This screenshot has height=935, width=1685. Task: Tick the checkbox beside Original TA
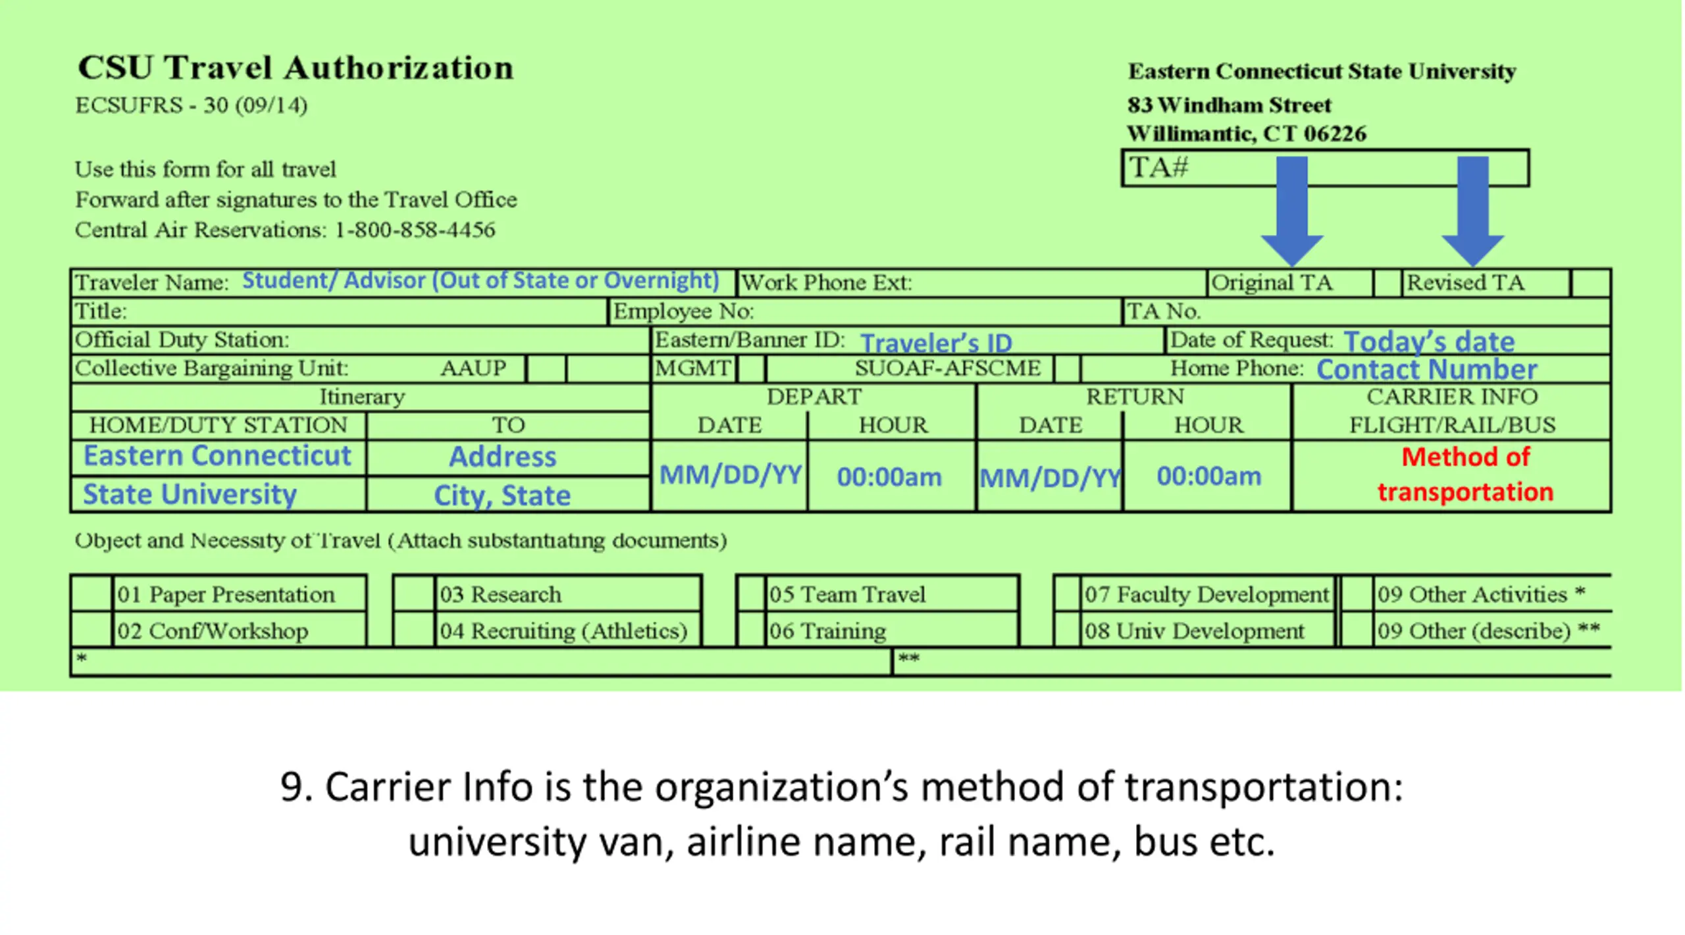tap(1387, 283)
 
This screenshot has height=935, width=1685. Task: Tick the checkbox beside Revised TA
tap(1590, 283)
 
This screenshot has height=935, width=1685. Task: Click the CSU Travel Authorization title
tap(296, 68)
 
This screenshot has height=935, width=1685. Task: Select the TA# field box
tap(1324, 168)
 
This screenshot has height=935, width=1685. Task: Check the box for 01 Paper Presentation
tap(91, 594)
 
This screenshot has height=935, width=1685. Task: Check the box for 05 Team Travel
tap(751, 594)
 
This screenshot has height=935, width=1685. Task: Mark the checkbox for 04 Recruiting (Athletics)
tap(413, 630)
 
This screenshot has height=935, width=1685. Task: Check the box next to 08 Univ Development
tap(1067, 630)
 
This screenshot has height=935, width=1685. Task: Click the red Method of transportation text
tap(1465, 474)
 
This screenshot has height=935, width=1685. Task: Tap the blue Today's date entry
tap(1429, 341)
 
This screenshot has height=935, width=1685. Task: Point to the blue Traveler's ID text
tap(935, 343)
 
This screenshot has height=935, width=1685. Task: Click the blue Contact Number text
tap(1426, 370)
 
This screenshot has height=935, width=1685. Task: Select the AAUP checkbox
tap(546, 368)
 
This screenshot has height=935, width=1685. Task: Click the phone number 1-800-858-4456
tap(415, 230)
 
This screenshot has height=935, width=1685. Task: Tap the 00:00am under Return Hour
tap(1208, 476)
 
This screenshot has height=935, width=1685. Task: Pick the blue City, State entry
tap(502, 495)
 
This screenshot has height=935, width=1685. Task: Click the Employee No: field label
tap(683, 311)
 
